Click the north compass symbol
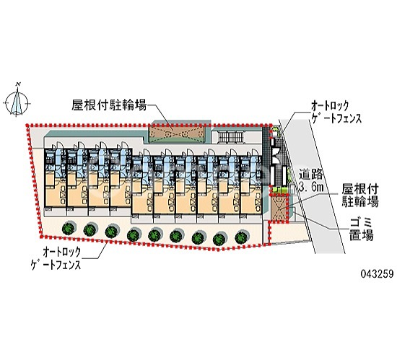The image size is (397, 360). [x=17, y=102]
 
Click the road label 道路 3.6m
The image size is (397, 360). [x=310, y=180]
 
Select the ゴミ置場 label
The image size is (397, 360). [x=362, y=229]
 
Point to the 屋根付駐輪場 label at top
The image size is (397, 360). [x=110, y=105]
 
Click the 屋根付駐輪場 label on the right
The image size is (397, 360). [x=360, y=196]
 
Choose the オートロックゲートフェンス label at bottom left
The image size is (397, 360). [x=56, y=258]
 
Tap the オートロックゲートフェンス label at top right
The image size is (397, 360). [x=336, y=112]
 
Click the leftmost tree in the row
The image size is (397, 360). [x=69, y=228]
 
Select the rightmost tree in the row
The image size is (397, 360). [x=242, y=237]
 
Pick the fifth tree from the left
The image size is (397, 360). [x=154, y=234]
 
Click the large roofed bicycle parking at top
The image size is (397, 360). [x=177, y=133]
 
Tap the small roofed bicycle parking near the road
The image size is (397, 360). [x=279, y=208]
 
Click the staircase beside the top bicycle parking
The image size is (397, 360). [x=232, y=137]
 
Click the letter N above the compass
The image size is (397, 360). [x=18, y=84]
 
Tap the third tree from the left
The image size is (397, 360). [x=112, y=232]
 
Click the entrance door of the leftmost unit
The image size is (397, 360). [x=58, y=146]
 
